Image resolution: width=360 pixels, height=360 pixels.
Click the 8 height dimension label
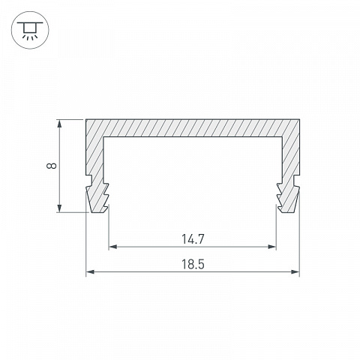(52, 166)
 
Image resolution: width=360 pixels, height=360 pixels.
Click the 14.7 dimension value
(193, 239)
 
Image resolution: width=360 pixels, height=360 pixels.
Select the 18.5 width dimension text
(193, 264)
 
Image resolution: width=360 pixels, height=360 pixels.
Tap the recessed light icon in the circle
(30, 30)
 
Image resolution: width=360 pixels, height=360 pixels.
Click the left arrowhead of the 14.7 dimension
(113, 247)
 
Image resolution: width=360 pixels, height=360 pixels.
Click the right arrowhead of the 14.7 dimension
(271, 247)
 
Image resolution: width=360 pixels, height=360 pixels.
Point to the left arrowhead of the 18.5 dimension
(90, 271)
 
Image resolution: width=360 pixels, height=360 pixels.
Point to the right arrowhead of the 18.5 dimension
(295, 271)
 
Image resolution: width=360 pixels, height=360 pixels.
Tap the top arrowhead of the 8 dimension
(59, 124)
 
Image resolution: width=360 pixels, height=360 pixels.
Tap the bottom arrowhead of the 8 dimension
(59, 208)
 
